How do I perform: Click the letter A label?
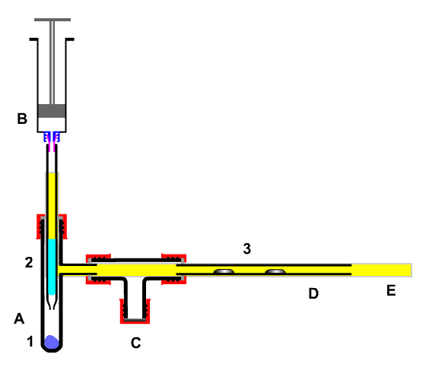point(19,318)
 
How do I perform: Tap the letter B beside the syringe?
point(22,119)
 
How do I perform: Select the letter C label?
point(135,343)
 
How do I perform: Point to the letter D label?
point(313,293)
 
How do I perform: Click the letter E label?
point(391,290)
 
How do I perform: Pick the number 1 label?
point(30,341)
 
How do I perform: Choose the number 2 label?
point(29,262)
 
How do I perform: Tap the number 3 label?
point(246,248)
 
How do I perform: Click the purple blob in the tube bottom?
point(52,342)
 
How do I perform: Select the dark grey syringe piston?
point(52,111)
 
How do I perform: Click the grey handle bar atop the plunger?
point(52,20)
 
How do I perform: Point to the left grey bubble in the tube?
point(224,271)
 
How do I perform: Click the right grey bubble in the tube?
point(275,271)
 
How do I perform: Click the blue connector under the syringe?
point(52,137)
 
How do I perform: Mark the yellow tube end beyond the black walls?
point(382,270)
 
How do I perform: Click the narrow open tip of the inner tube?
point(52,308)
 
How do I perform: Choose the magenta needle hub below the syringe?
point(52,144)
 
